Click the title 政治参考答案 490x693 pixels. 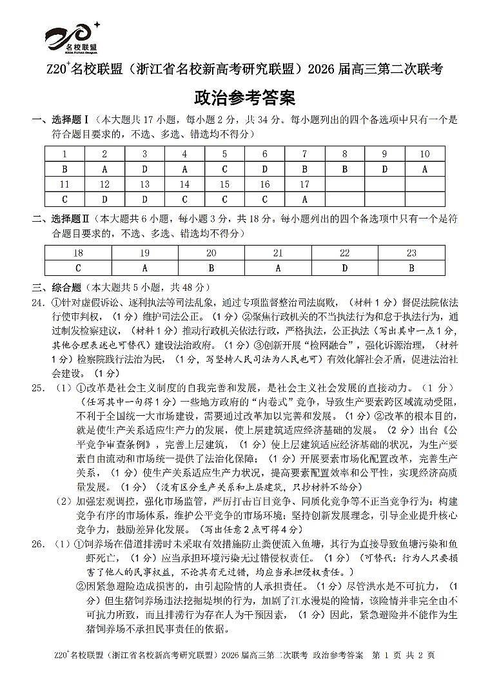pyautogui.click(x=244, y=98)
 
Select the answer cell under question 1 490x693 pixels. pyautogui.click(x=64, y=170)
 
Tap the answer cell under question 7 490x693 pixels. pyautogui.click(x=304, y=170)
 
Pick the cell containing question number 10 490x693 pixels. pyautogui.click(x=424, y=155)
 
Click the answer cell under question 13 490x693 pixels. pyautogui.click(x=144, y=199)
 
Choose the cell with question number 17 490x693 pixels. pyautogui.click(x=304, y=184)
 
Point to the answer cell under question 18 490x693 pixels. pyautogui.click(x=79, y=268)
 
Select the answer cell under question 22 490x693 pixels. pyautogui.click(x=345, y=268)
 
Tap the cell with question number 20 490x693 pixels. pyautogui.click(x=211, y=253)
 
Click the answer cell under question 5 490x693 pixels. pyautogui.click(x=224, y=170)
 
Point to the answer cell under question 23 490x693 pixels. pyautogui.click(x=411, y=268)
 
